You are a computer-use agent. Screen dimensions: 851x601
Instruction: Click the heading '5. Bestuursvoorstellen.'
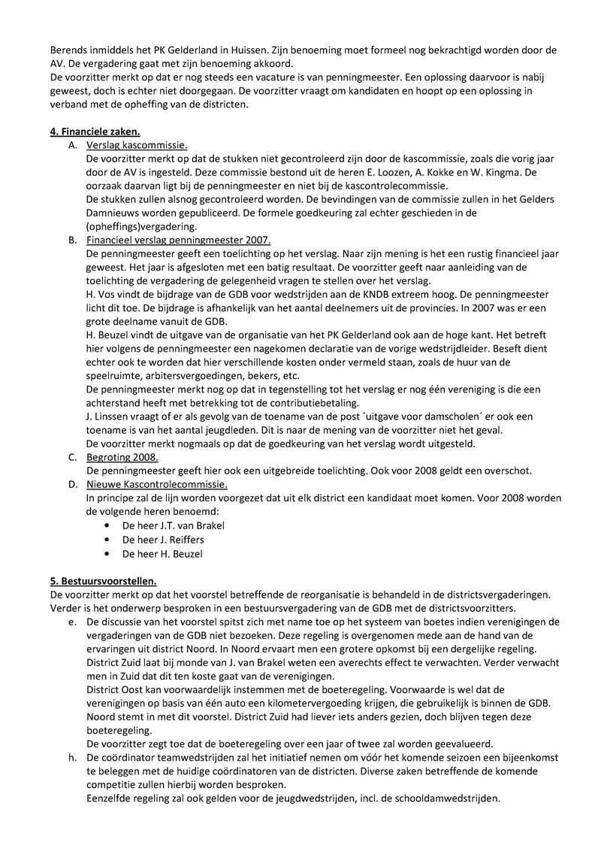tap(103, 581)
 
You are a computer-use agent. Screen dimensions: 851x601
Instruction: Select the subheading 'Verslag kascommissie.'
tap(137, 145)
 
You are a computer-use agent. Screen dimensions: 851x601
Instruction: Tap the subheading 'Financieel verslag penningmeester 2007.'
tap(179, 240)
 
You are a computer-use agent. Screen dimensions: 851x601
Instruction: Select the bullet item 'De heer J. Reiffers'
tap(163, 540)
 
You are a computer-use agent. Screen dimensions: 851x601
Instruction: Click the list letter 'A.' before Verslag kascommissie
tap(72, 145)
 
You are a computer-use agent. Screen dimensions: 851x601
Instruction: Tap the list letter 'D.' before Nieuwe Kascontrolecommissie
tap(72, 484)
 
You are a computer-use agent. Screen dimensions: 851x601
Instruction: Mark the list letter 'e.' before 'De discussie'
tap(72, 622)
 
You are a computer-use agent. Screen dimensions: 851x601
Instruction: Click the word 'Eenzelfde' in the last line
tap(111, 798)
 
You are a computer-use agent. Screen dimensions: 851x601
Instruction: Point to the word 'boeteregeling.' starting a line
tap(119, 730)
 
